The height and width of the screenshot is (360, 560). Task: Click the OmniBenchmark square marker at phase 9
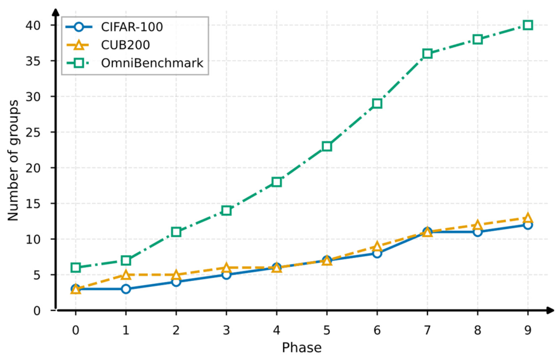[x=528, y=25]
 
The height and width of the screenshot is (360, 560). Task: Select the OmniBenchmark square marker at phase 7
[x=427, y=54]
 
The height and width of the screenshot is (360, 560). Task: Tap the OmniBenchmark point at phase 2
[x=176, y=232]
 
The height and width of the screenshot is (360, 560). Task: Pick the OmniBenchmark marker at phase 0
[x=75, y=267]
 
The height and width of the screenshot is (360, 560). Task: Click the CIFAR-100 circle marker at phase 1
[x=125, y=289]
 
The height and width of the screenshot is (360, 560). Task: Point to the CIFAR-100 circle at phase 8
[x=478, y=232]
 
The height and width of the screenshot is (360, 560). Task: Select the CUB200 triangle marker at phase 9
[x=528, y=218]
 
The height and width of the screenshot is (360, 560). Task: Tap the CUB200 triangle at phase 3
[x=227, y=267]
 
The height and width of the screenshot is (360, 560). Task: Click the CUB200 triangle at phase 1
[x=125, y=275]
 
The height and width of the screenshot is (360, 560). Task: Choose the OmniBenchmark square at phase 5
[x=327, y=146]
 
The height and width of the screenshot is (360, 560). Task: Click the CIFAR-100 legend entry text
[x=132, y=27]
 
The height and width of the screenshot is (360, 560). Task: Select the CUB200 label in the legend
[x=125, y=45]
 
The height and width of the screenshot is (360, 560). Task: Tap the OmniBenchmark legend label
[x=152, y=63]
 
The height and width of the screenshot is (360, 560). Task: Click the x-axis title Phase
[x=301, y=348]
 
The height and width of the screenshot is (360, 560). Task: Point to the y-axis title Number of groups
[x=13, y=160]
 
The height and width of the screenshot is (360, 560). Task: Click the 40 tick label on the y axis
[x=33, y=25]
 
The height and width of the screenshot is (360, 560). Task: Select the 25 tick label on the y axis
[x=33, y=132]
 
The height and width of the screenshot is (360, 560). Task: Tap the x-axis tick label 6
[x=377, y=330]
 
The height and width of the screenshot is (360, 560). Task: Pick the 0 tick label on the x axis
[x=75, y=330]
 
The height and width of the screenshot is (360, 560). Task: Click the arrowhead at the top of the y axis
[x=56, y=12]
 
